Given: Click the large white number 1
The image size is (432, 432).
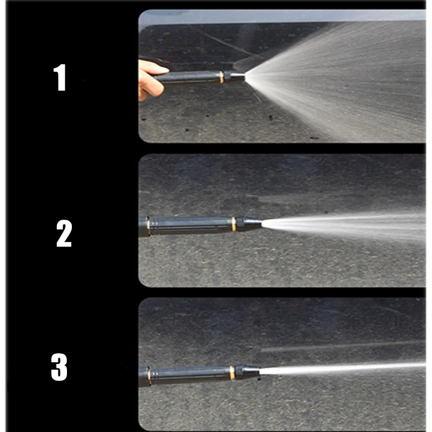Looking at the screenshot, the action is [60, 77].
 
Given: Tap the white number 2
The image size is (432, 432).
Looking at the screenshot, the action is [64, 233].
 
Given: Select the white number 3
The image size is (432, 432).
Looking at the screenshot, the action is [59, 367].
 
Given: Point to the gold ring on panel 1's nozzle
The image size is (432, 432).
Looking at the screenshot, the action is [221, 77].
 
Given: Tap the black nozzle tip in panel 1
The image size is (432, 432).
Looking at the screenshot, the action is [234, 76].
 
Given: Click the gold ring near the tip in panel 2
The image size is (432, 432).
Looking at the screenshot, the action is [234, 224].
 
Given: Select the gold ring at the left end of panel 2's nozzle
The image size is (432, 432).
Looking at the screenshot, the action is [148, 226].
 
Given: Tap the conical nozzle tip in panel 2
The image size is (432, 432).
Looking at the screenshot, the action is [249, 223].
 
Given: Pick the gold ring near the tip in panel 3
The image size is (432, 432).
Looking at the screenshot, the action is [232, 373].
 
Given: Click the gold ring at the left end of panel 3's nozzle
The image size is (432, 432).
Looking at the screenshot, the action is [149, 375].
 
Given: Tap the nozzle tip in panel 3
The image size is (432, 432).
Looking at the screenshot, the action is [247, 372].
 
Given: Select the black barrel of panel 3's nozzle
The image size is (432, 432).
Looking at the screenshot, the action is [191, 375].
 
